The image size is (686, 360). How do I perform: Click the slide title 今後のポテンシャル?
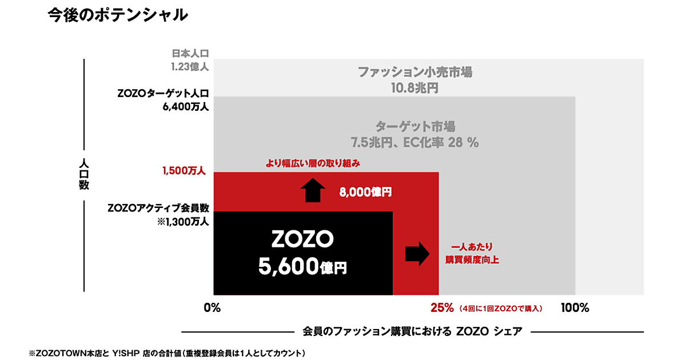pos(118,16)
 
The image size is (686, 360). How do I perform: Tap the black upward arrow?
pos(312,190)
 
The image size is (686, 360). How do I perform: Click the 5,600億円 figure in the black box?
pos(302,265)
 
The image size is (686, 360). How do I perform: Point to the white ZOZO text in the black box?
pos(302,240)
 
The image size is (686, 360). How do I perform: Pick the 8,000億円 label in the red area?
pos(365,192)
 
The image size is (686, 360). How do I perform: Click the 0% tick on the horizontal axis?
pos(212,309)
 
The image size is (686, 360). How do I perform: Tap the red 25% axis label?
pos(442,309)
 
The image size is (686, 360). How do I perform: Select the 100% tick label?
pos(575,309)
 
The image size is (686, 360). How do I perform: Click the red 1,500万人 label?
pos(183,170)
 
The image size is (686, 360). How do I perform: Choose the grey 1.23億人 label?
pos(190,66)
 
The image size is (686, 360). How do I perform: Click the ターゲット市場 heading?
pos(415,126)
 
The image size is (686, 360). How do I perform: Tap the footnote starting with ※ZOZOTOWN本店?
pos(166,353)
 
